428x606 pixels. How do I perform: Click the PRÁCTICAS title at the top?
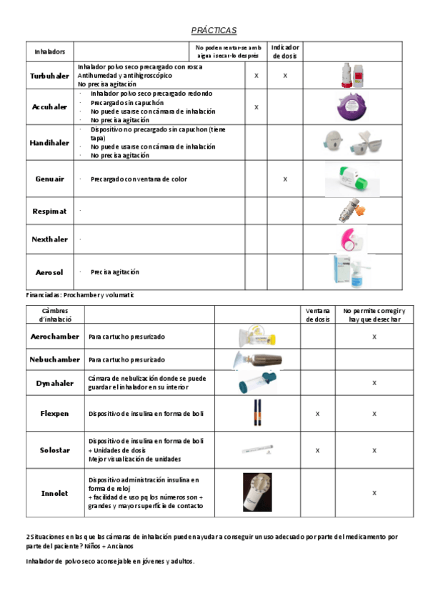214,30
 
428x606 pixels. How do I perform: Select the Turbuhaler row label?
49,75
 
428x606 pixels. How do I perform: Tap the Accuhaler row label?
49,106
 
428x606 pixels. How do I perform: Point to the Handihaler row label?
49,142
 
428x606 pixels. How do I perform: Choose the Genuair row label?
49,179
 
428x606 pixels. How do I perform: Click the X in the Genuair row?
284,179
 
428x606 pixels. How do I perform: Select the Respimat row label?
49,212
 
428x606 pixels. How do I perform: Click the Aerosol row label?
49,272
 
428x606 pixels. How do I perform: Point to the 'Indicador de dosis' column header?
284,51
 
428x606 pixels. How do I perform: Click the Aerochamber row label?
55,336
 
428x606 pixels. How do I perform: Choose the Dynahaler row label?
55,383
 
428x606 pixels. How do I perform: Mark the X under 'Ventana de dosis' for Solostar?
317,450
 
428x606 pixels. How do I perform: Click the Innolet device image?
257,492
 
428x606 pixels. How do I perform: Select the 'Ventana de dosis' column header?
317,315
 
